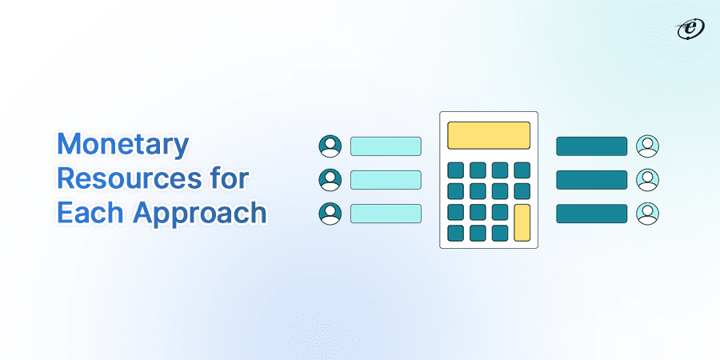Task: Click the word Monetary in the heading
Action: click(x=124, y=146)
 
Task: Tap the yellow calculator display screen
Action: click(x=488, y=135)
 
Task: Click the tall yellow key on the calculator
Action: click(x=522, y=222)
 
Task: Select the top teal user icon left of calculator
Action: click(x=330, y=146)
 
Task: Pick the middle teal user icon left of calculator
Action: click(x=330, y=179)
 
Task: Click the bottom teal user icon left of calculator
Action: click(x=330, y=214)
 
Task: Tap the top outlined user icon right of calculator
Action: click(x=647, y=146)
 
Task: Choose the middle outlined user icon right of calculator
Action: click(x=647, y=179)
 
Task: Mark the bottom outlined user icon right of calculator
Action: click(x=647, y=214)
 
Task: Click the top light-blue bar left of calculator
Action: click(x=386, y=146)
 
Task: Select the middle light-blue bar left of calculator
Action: click(x=386, y=179)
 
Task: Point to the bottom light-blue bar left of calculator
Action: click(x=386, y=214)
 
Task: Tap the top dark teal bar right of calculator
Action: click(x=591, y=146)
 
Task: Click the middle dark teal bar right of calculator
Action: click(x=591, y=179)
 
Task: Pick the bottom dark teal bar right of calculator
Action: click(x=591, y=214)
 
